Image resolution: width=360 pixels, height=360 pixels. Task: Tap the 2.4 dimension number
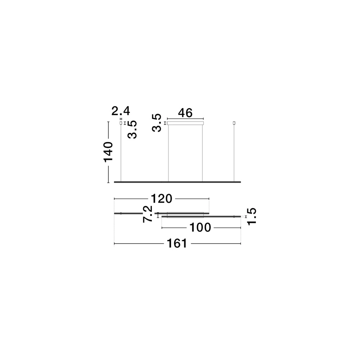coord(121,111)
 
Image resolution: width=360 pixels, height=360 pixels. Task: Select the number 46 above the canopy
coord(185,113)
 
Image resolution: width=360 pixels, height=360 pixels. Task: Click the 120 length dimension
coord(162,198)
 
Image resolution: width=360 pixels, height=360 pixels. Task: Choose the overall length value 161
coord(177,244)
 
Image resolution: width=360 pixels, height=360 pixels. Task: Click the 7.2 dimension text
coord(148,214)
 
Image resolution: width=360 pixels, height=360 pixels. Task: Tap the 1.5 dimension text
coord(251,216)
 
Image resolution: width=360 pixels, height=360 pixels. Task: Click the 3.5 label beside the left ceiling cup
coord(132,130)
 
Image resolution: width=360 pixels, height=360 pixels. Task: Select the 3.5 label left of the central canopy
coord(157,123)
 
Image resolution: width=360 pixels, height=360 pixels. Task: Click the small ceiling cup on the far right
coord(234,123)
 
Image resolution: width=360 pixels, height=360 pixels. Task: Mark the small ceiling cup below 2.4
coord(121,123)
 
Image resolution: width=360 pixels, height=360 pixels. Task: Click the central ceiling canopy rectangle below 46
coord(185,123)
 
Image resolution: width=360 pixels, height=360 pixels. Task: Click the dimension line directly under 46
coord(185,118)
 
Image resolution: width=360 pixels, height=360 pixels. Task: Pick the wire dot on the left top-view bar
coord(121,213)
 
